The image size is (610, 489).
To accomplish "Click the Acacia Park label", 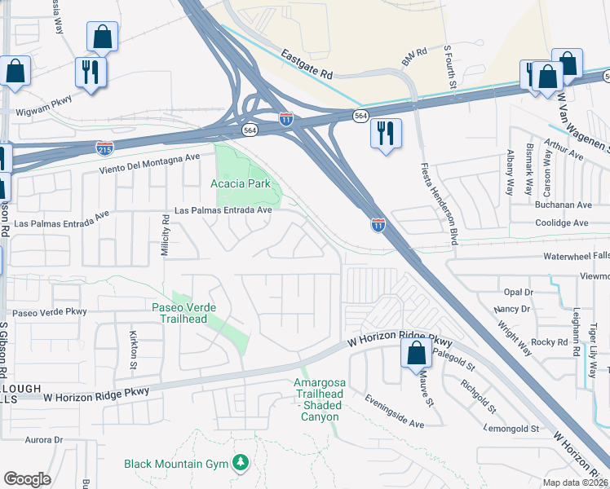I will pyautogui.click(x=240, y=183).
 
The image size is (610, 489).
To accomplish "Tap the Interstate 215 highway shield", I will pyautogui.click(x=104, y=148).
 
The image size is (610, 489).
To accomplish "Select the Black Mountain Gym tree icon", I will pyautogui.click(x=240, y=463).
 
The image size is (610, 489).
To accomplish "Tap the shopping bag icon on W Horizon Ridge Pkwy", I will pyautogui.click(x=416, y=354).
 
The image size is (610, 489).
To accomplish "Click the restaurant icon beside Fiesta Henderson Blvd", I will pyautogui.click(x=386, y=131).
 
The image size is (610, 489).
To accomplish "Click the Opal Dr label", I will pyautogui.click(x=518, y=291).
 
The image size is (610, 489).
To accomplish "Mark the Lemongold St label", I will pyautogui.click(x=511, y=428).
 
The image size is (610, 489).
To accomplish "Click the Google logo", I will pyautogui.click(x=27, y=479).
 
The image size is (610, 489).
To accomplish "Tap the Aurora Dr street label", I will pyautogui.click(x=43, y=439).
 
